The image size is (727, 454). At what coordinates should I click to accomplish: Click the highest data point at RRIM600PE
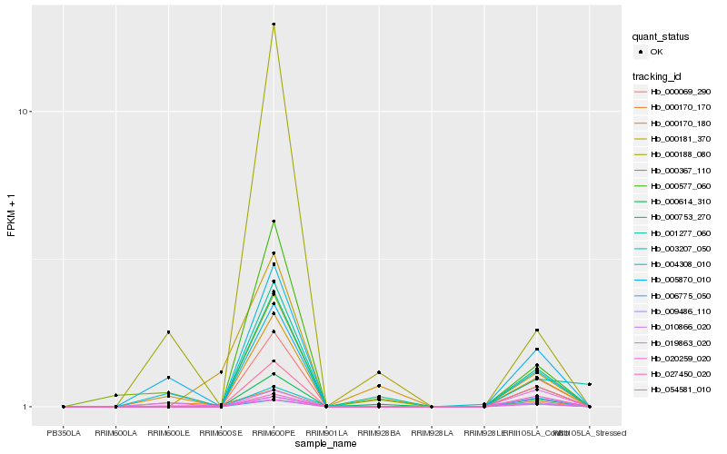(x=274, y=25)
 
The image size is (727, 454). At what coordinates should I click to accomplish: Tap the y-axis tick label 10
(x=25, y=112)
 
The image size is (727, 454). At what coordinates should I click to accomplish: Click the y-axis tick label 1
(x=28, y=407)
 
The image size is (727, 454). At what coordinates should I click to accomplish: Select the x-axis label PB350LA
(x=64, y=433)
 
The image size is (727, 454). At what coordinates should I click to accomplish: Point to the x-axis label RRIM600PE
(x=274, y=433)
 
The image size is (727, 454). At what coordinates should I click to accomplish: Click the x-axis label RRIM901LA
(x=326, y=433)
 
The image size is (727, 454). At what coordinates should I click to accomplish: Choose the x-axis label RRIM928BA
(x=379, y=433)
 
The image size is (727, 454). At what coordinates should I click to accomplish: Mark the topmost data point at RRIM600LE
(x=168, y=332)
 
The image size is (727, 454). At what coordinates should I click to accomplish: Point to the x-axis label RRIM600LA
(x=116, y=433)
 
